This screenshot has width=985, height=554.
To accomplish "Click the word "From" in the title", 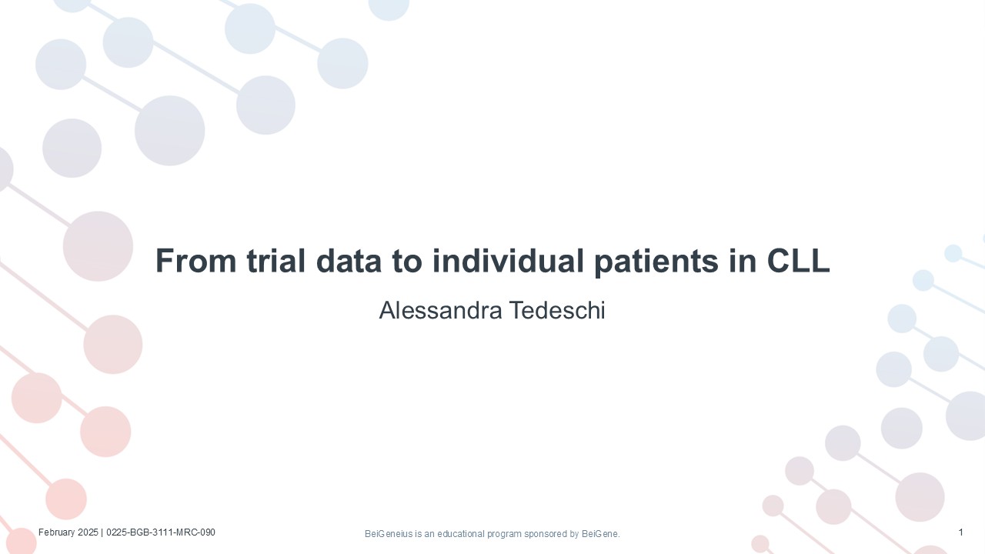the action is pyautogui.click(x=196, y=261).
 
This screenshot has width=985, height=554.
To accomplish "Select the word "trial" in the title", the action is pyautogui.click(x=276, y=261).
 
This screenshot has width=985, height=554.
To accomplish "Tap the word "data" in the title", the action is pyautogui.click(x=349, y=261).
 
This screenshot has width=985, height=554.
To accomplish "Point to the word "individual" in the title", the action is pyautogui.click(x=508, y=261).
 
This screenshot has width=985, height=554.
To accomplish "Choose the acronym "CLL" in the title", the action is pyautogui.click(x=799, y=261).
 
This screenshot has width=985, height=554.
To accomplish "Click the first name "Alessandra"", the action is pyautogui.click(x=441, y=310).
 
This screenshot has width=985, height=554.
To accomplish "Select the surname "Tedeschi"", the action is pyautogui.click(x=558, y=310).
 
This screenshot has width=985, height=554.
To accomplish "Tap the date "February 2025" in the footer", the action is pyautogui.click(x=68, y=532).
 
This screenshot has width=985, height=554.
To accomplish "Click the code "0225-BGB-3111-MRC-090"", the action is pyautogui.click(x=161, y=532).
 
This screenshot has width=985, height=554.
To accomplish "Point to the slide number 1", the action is pyautogui.click(x=961, y=532).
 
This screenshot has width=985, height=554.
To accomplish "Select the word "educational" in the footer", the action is pyautogui.click(x=460, y=534).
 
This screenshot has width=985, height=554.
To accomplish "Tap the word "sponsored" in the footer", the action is pyautogui.click(x=546, y=534).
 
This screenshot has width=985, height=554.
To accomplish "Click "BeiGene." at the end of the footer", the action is pyautogui.click(x=601, y=534).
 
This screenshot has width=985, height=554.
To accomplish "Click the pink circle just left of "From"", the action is pyautogui.click(x=98, y=246).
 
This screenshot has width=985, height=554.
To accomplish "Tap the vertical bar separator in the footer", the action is pyautogui.click(x=102, y=532).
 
